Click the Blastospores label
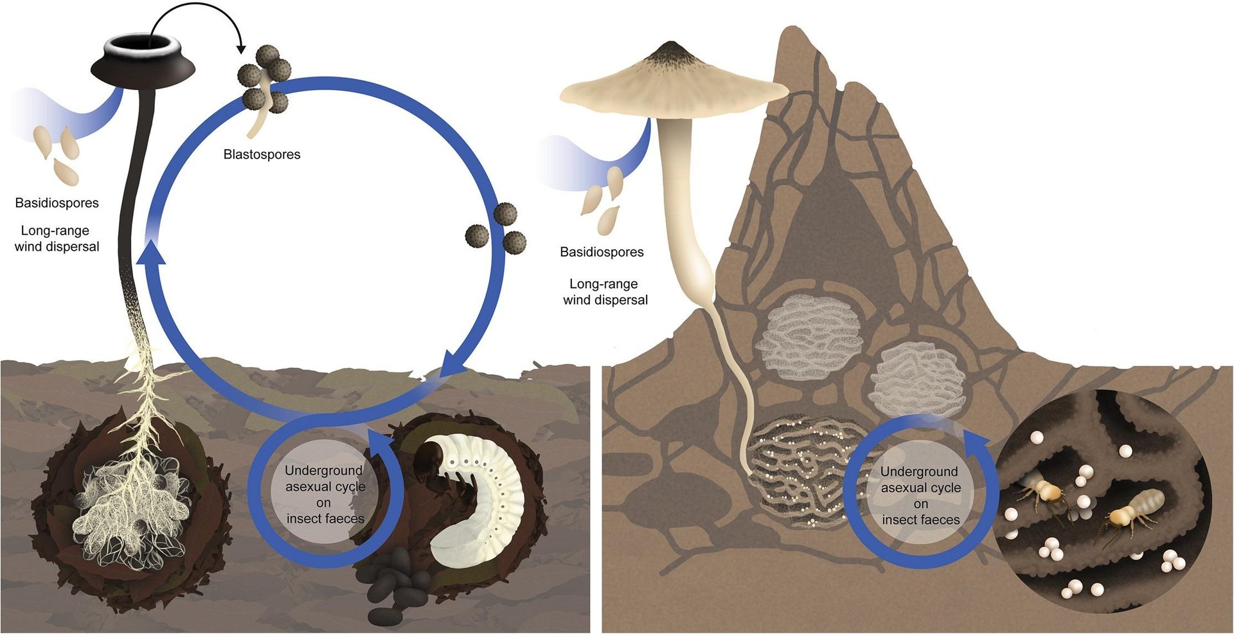click(262, 154)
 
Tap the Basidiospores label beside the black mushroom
click(57, 203)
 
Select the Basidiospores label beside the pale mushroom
click(602, 252)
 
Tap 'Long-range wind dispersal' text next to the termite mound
click(605, 292)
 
